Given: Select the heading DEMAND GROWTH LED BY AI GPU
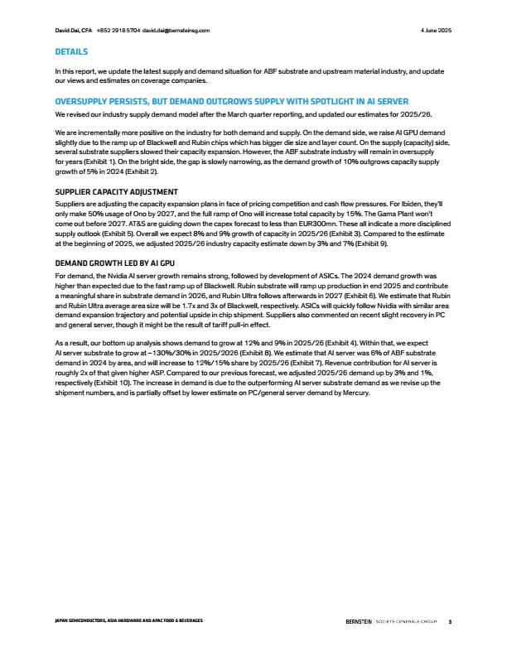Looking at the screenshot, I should click(x=113, y=263).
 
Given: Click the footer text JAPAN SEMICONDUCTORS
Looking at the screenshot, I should click(x=84, y=620).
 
